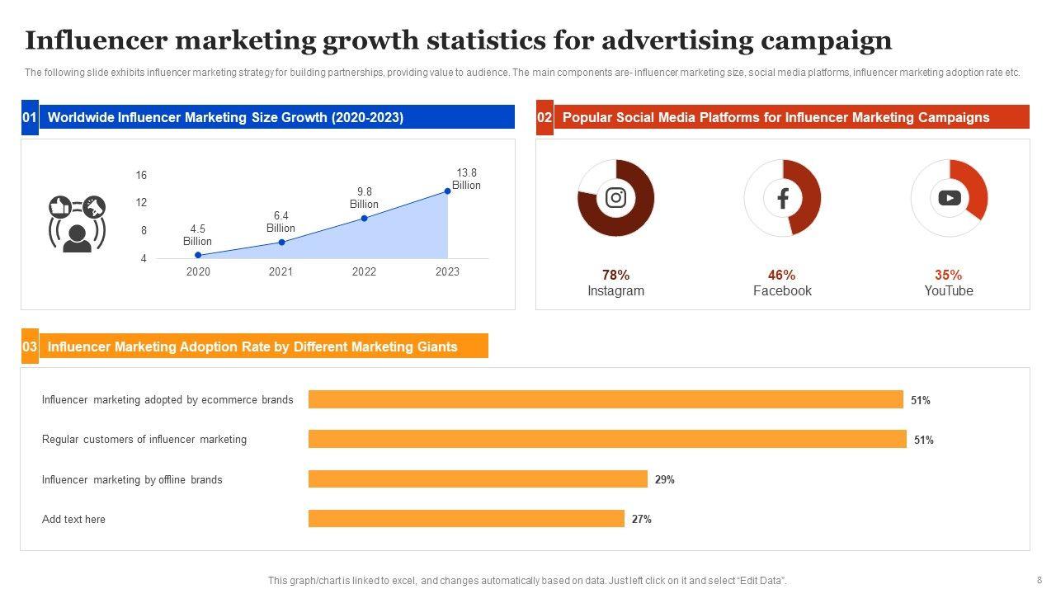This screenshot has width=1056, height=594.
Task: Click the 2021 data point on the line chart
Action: pyautogui.click(x=281, y=242)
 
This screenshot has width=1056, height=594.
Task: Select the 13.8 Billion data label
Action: pyautogui.click(x=466, y=179)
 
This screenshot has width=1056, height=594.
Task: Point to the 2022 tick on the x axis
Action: pyautogui.click(x=364, y=271)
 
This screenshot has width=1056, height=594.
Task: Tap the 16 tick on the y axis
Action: pyautogui.click(x=142, y=175)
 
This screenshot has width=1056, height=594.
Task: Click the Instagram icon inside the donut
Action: pyautogui.click(x=615, y=198)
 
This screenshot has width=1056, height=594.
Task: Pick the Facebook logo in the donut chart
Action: pyautogui.click(x=782, y=198)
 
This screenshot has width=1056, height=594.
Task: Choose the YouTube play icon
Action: pyautogui.click(x=949, y=198)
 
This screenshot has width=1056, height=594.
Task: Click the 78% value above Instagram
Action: pyautogui.click(x=615, y=275)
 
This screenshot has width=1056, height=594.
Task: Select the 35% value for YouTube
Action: pyautogui.click(x=948, y=275)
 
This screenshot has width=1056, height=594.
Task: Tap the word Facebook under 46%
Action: pyautogui.click(x=782, y=290)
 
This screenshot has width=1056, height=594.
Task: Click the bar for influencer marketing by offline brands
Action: pyautogui.click(x=478, y=479)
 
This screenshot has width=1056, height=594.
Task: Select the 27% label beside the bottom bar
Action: pyautogui.click(x=642, y=519)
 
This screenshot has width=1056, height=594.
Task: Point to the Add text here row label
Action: pyautogui.click(x=73, y=519)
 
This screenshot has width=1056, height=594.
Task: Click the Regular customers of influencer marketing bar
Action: pyautogui.click(x=607, y=439)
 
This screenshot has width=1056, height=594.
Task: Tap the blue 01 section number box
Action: pyautogui.click(x=30, y=117)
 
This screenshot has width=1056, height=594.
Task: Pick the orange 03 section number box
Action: pyautogui.click(x=30, y=346)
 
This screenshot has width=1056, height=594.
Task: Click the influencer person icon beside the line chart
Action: pyautogui.click(x=77, y=224)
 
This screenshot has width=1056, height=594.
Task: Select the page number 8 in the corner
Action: pyautogui.click(x=1039, y=580)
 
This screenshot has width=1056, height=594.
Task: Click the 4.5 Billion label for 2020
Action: pyautogui.click(x=197, y=235)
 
